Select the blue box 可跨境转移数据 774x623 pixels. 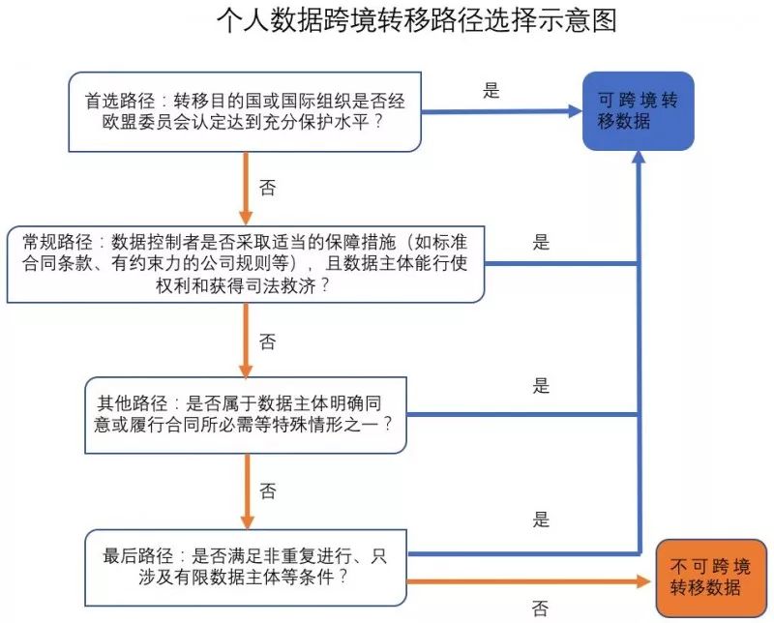pyautogui.click(x=638, y=110)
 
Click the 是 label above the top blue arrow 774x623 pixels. pyautogui.click(x=491, y=91)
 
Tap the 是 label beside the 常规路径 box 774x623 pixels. pyautogui.click(x=541, y=242)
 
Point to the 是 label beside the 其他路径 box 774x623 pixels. pyautogui.click(x=541, y=386)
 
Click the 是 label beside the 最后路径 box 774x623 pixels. pyautogui.click(x=541, y=519)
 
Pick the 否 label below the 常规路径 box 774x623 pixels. pyautogui.click(x=268, y=341)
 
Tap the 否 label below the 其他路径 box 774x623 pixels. pyautogui.click(x=268, y=492)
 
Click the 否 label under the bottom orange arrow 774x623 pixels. pyautogui.click(x=540, y=608)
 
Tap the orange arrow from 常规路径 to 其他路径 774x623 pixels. pyautogui.click(x=246, y=341)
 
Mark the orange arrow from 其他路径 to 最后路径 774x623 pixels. pyautogui.click(x=246, y=492)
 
